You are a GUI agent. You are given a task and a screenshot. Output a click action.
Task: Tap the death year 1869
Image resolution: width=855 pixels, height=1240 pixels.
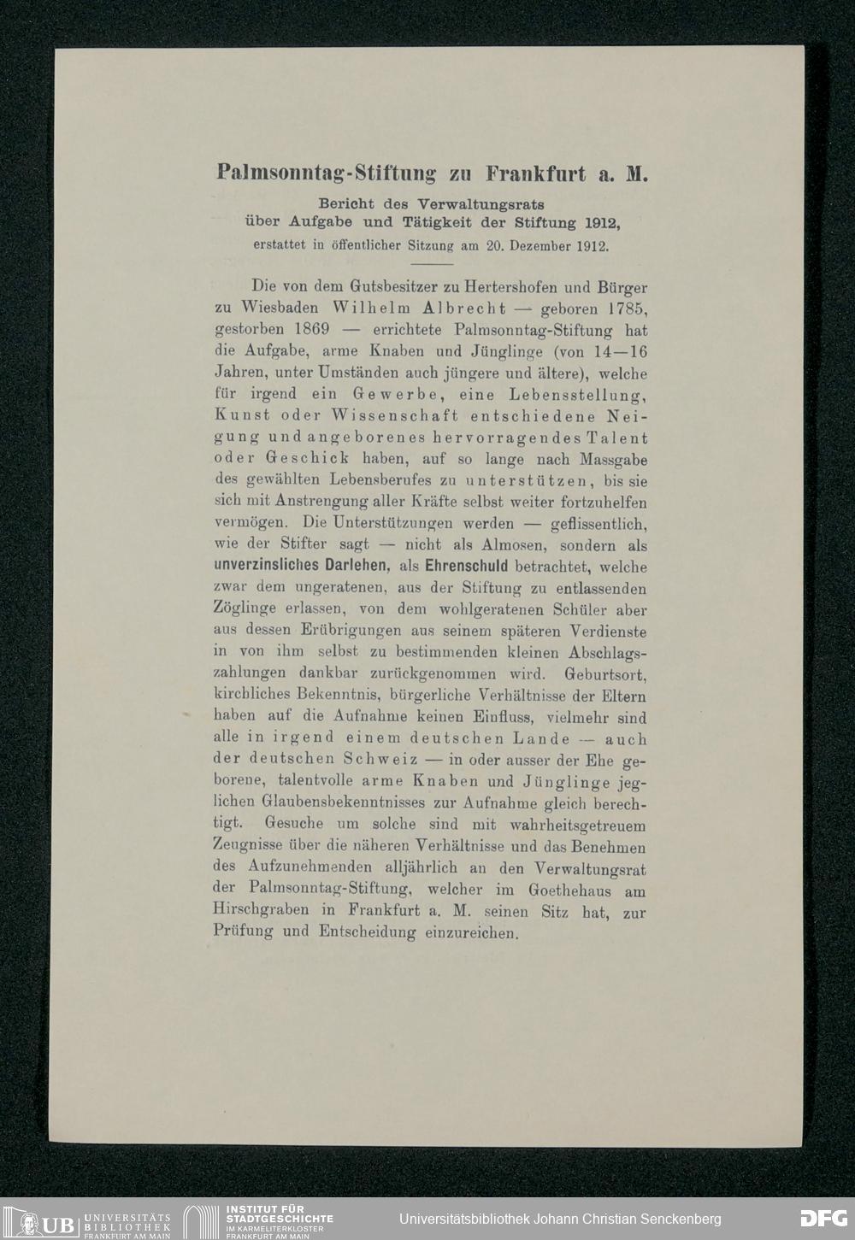pos(307,330)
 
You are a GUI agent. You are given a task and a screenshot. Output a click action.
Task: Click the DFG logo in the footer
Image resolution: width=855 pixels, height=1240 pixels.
pos(823,1218)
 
